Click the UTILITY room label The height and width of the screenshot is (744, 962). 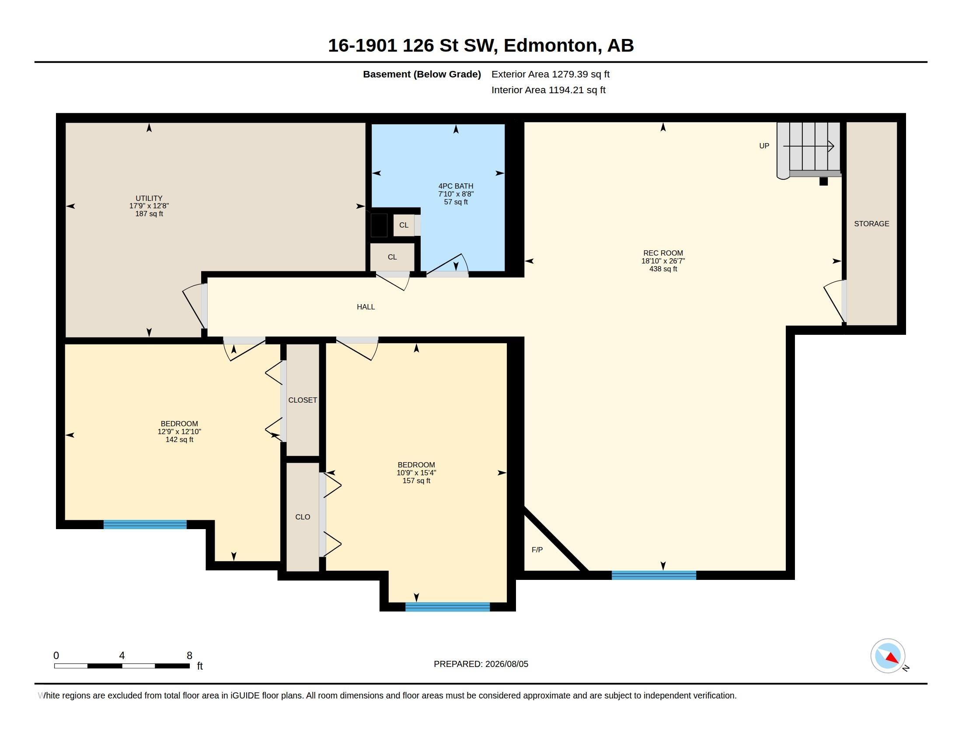pyautogui.click(x=149, y=198)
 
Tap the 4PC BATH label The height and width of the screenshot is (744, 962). pyautogui.click(x=456, y=186)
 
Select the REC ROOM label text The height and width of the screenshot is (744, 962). pyautogui.click(x=663, y=253)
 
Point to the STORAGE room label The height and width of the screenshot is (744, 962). pyautogui.click(x=871, y=224)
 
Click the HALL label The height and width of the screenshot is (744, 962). pyautogui.click(x=366, y=307)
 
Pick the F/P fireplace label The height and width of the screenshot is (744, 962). pyautogui.click(x=537, y=550)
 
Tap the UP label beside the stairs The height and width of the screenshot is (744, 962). pyautogui.click(x=764, y=146)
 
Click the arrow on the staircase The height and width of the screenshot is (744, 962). pyautogui.click(x=808, y=146)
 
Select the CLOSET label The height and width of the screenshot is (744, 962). pyautogui.click(x=303, y=400)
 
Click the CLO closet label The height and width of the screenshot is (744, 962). pyautogui.click(x=303, y=517)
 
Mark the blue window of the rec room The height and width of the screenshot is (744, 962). pyautogui.click(x=654, y=575)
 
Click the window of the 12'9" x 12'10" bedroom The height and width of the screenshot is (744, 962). pyautogui.click(x=145, y=524)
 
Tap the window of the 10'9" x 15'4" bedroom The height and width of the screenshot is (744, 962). pyautogui.click(x=447, y=607)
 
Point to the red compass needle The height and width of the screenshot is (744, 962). pyautogui.click(x=892, y=658)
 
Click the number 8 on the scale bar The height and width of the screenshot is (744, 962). pyautogui.click(x=189, y=656)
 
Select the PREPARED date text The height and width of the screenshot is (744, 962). pyautogui.click(x=481, y=664)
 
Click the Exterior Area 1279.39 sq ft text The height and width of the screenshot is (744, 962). pyautogui.click(x=551, y=74)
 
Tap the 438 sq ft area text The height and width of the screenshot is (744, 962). pyautogui.click(x=663, y=269)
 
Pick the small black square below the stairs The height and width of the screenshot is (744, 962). pyautogui.click(x=824, y=181)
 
